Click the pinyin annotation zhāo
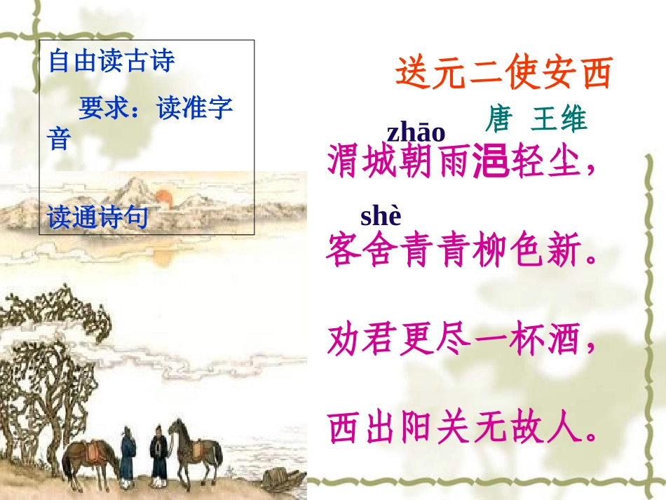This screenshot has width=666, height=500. [x=416, y=132]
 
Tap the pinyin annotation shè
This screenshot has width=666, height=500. [x=381, y=217]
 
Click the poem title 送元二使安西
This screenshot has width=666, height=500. [x=503, y=74]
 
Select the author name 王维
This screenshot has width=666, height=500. [x=559, y=120]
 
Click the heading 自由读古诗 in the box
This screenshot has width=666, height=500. [x=111, y=62]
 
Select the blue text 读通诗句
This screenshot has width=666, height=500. [x=97, y=218]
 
